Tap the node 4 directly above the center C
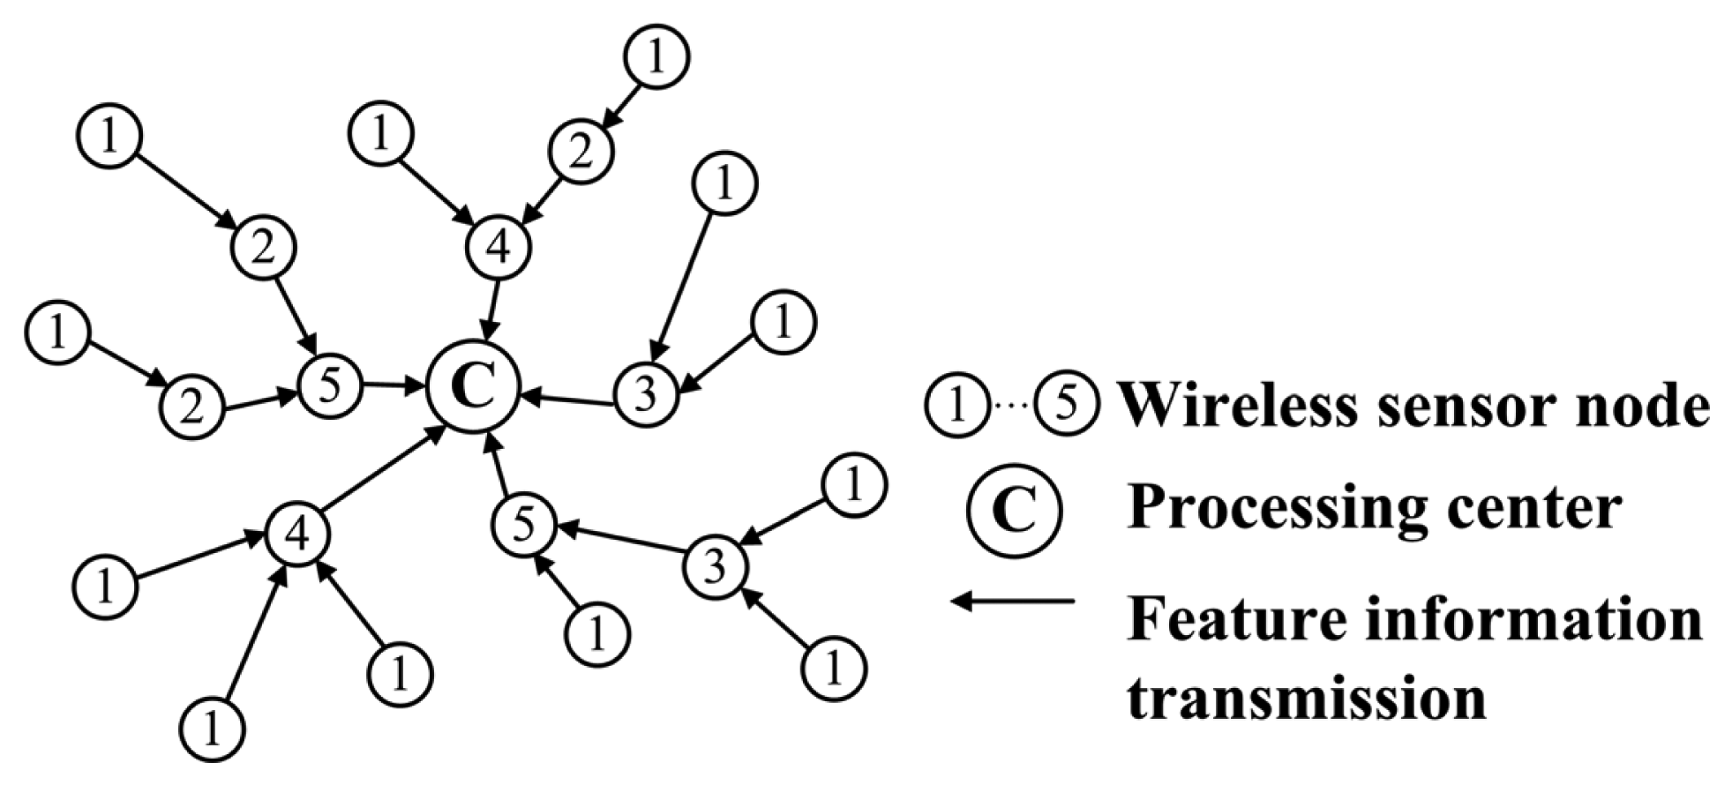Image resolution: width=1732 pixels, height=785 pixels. [499, 248]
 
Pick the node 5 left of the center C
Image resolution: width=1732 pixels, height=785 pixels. [330, 386]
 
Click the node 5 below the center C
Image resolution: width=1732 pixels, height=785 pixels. [523, 526]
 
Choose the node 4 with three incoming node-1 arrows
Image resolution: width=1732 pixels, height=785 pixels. [297, 534]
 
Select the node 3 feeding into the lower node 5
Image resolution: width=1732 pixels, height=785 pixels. [715, 565]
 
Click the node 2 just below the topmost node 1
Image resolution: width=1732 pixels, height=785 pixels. [580, 152]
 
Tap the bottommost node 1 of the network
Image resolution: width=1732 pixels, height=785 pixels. [212, 729]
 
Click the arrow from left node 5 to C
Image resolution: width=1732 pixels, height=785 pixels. [392, 385]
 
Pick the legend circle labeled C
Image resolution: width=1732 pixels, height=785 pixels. [1014, 511]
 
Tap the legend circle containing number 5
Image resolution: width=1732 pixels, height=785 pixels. [1067, 405]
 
